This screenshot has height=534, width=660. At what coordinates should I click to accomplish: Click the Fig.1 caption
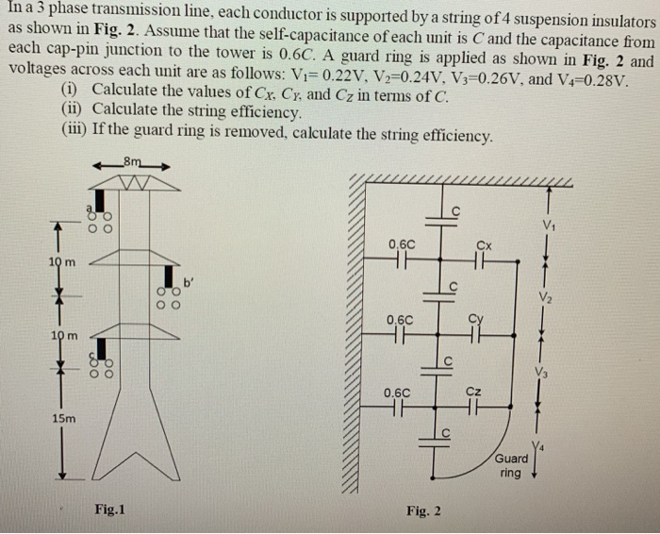(x=109, y=509)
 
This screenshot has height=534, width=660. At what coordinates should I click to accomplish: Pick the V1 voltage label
(x=550, y=225)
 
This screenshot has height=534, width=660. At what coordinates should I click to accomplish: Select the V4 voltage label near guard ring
(x=538, y=446)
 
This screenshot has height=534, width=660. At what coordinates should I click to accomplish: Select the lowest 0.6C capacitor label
(x=396, y=391)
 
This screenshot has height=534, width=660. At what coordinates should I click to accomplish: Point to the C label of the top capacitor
(x=456, y=209)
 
